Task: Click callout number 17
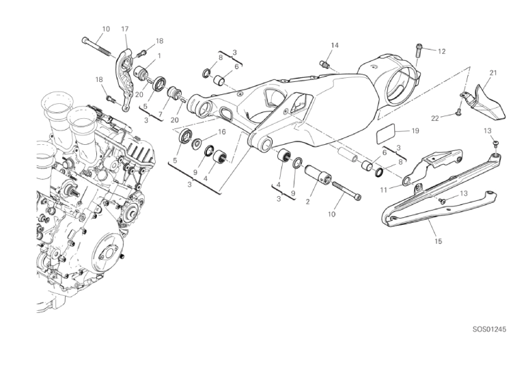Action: [125, 29]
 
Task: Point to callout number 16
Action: [221, 132]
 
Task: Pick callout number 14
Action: [335, 46]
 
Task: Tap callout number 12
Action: [441, 51]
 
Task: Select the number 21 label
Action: [493, 73]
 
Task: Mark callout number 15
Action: [438, 241]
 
